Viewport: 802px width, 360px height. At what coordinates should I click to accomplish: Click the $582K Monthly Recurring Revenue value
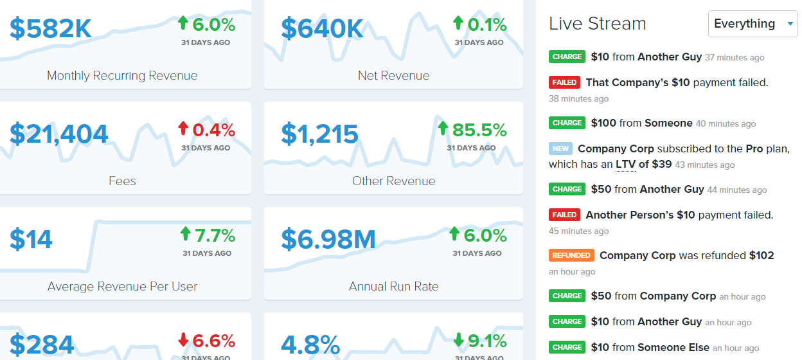click(51, 28)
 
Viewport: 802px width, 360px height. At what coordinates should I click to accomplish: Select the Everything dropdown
click(753, 24)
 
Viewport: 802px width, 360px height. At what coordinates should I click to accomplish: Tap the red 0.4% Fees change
click(207, 130)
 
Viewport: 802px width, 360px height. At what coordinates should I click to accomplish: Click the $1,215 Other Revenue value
click(319, 134)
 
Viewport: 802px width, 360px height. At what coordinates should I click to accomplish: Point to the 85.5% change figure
click(472, 130)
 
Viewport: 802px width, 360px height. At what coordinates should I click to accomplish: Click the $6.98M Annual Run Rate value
click(328, 239)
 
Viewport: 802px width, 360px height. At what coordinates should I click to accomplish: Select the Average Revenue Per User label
click(122, 287)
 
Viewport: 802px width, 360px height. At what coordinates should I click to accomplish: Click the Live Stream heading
click(597, 24)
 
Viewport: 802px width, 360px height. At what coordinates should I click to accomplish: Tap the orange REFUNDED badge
click(571, 255)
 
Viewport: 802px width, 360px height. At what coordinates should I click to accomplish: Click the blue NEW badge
click(560, 148)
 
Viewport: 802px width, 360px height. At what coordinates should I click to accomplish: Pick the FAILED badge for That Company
click(564, 82)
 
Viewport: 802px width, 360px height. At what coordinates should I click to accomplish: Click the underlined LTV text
click(625, 164)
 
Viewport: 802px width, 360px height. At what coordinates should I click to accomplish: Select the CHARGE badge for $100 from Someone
click(567, 123)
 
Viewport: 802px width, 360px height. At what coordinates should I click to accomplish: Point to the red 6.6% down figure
click(207, 341)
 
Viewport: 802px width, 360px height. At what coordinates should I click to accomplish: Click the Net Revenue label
click(393, 76)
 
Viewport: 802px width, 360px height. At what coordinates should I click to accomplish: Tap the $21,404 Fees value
click(59, 134)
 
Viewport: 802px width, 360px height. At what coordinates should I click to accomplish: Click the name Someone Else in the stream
click(673, 347)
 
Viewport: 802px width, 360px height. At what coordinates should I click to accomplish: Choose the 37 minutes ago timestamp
click(735, 58)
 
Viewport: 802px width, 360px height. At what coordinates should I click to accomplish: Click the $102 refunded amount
click(762, 255)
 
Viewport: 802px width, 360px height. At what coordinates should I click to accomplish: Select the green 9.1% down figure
click(479, 341)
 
